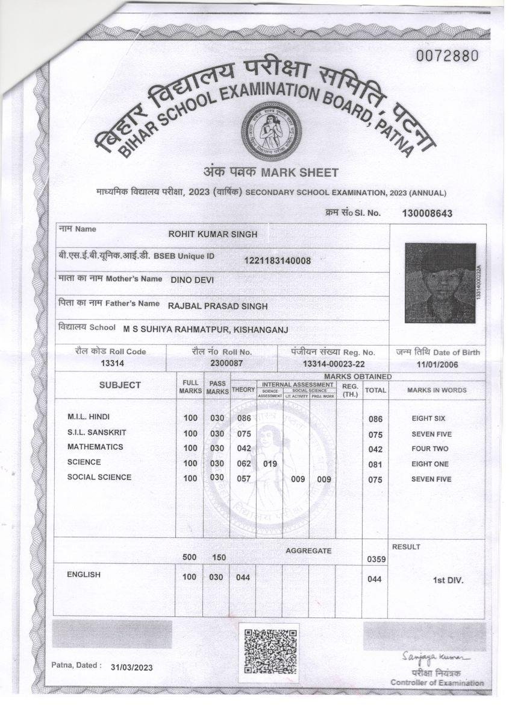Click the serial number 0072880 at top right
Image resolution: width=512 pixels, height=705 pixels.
(x=448, y=56)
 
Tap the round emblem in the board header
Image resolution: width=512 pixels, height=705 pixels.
(x=270, y=131)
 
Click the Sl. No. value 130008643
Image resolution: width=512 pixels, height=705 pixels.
(x=427, y=213)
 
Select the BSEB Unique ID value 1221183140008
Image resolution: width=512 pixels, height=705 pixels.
(x=277, y=261)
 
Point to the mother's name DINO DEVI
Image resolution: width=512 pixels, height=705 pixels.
(x=192, y=280)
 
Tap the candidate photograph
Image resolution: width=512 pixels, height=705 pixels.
(x=440, y=283)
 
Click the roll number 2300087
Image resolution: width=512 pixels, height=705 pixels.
(x=226, y=363)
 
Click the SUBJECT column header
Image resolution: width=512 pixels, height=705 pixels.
(x=120, y=385)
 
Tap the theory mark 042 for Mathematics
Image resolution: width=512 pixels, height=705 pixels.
(x=243, y=448)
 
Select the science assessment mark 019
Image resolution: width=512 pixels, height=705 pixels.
(x=270, y=463)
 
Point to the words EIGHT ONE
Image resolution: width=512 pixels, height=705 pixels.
(x=430, y=464)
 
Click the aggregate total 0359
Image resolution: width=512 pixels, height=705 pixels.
(x=376, y=560)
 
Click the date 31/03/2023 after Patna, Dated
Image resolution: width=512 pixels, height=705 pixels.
(x=132, y=668)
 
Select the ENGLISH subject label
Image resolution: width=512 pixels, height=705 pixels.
(x=84, y=575)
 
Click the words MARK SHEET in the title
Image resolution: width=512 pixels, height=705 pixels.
(x=299, y=172)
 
